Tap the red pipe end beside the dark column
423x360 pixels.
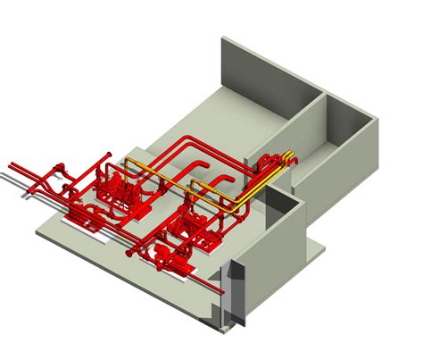(x=218, y=289)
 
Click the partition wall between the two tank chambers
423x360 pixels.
(x=317, y=125)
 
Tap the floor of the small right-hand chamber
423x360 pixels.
(x=348, y=143)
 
